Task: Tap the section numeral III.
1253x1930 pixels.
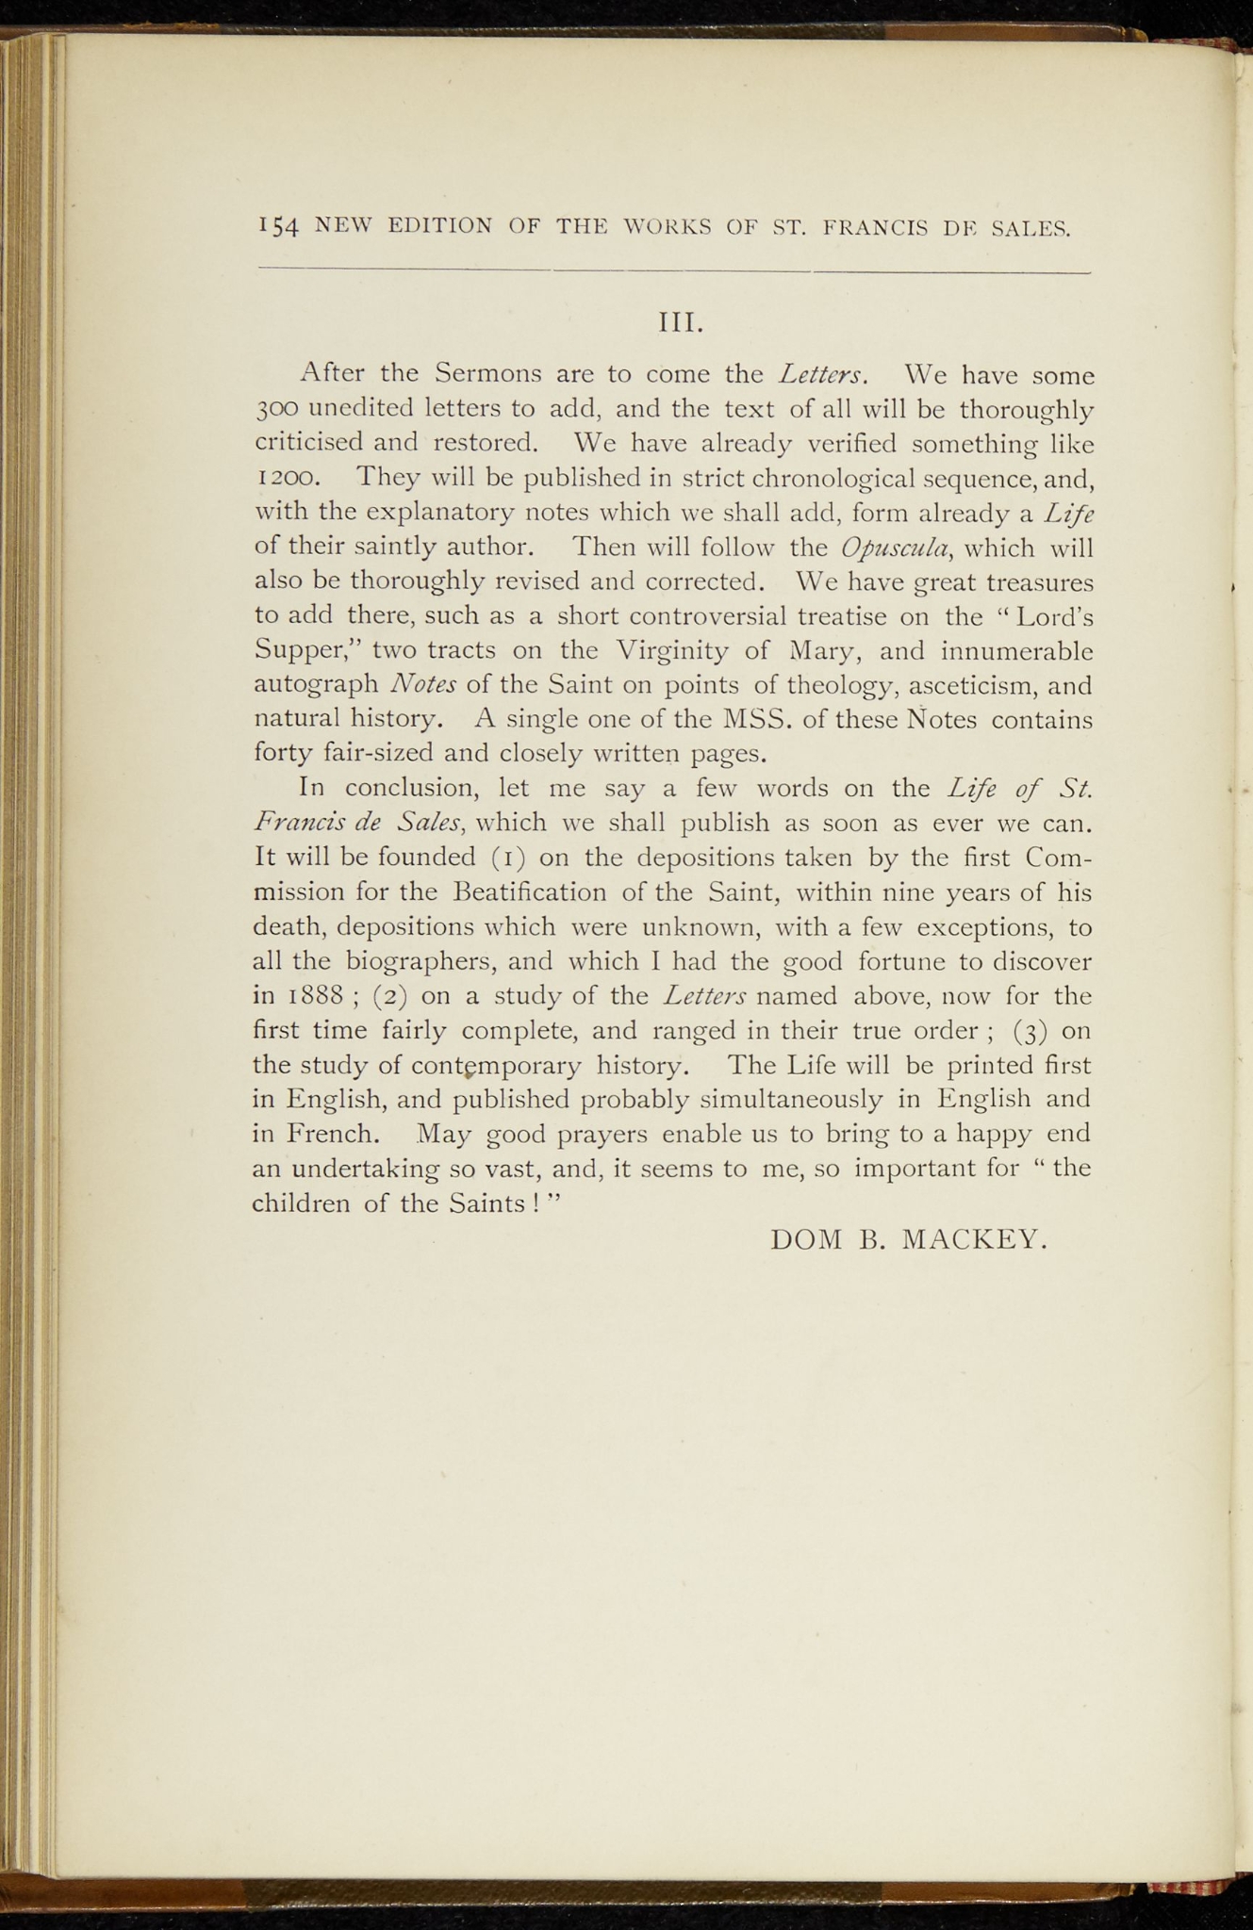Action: coord(681,323)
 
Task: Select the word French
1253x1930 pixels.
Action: coord(334,1134)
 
